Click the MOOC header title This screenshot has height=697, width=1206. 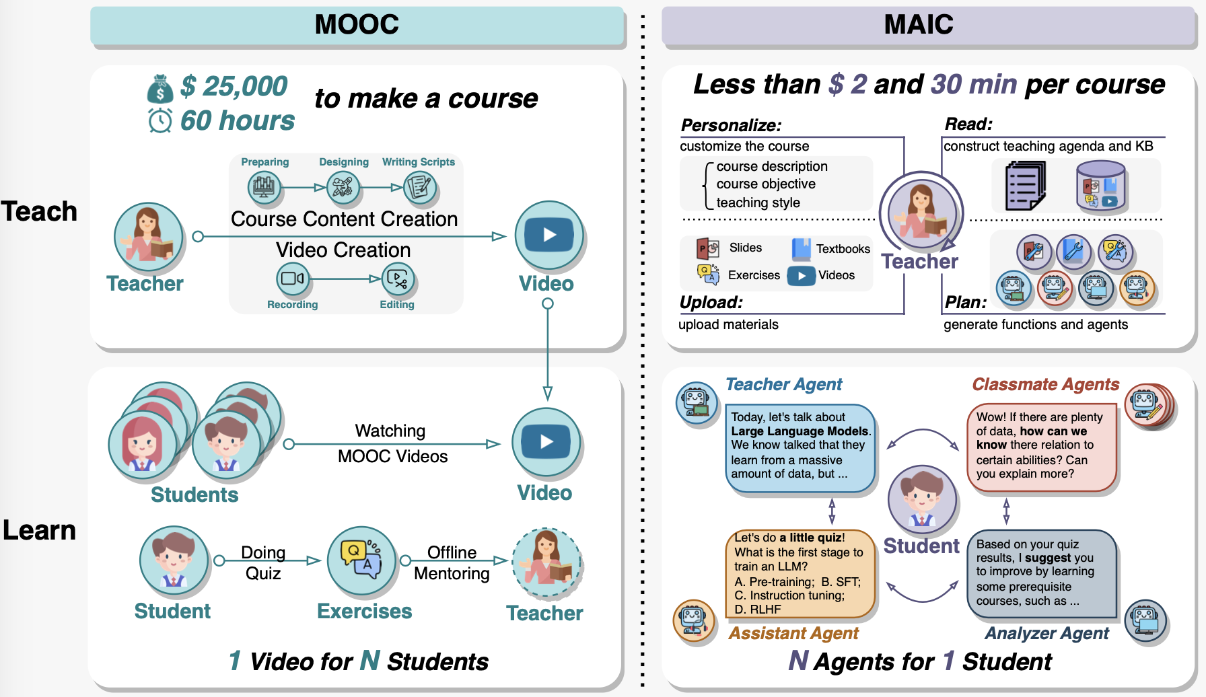click(x=357, y=25)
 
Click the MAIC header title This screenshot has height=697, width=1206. click(x=918, y=25)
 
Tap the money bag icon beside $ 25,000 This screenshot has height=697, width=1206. click(x=160, y=89)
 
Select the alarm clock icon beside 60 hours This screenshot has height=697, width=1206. click(x=160, y=121)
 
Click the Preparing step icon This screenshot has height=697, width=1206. click(x=264, y=186)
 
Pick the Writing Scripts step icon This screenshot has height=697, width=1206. click(x=420, y=186)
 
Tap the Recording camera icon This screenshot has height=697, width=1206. click(x=293, y=278)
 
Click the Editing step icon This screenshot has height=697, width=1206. click(x=398, y=279)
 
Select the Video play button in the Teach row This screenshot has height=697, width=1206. click(x=549, y=235)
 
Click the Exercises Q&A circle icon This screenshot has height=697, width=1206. click(x=361, y=560)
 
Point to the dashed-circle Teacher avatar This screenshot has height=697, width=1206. click(x=546, y=563)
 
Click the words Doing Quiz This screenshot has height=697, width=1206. click(x=263, y=562)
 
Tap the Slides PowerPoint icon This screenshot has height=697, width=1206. click(x=707, y=249)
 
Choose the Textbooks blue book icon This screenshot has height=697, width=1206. click(x=801, y=249)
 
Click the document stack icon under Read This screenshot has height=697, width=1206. click(x=1025, y=186)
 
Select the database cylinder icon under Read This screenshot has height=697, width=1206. click(x=1101, y=186)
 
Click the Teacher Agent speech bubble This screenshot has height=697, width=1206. click(x=800, y=447)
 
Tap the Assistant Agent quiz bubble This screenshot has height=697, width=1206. click(x=800, y=573)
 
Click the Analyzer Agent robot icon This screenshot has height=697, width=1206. click(x=1145, y=620)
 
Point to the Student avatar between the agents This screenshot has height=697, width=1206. click(x=922, y=500)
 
